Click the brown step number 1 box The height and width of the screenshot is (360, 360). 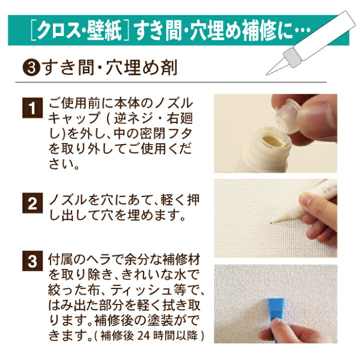point(32,107)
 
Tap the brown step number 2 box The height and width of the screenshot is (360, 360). point(32,203)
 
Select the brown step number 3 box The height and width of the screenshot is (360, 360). point(32,261)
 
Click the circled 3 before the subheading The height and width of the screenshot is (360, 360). point(31,68)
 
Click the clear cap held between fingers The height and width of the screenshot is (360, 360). point(287,116)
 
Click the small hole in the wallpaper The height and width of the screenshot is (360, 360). point(271,222)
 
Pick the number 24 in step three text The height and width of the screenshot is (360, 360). point(143,335)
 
